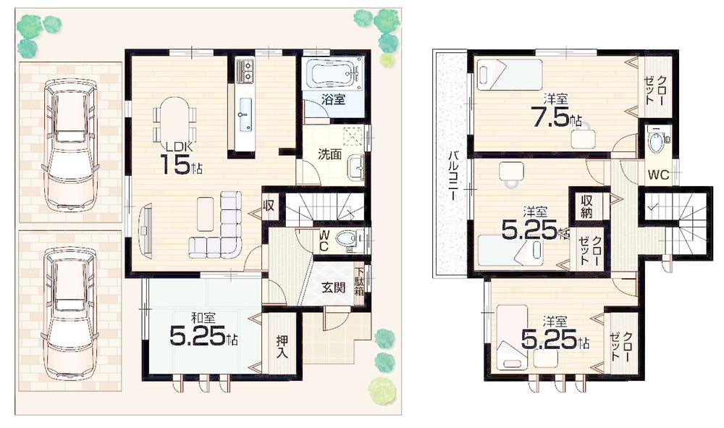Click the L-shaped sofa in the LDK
point(221,230)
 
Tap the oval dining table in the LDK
point(174,119)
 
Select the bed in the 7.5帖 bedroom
point(510,74)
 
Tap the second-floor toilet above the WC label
point(657,141)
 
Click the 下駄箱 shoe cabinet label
point(359,282)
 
